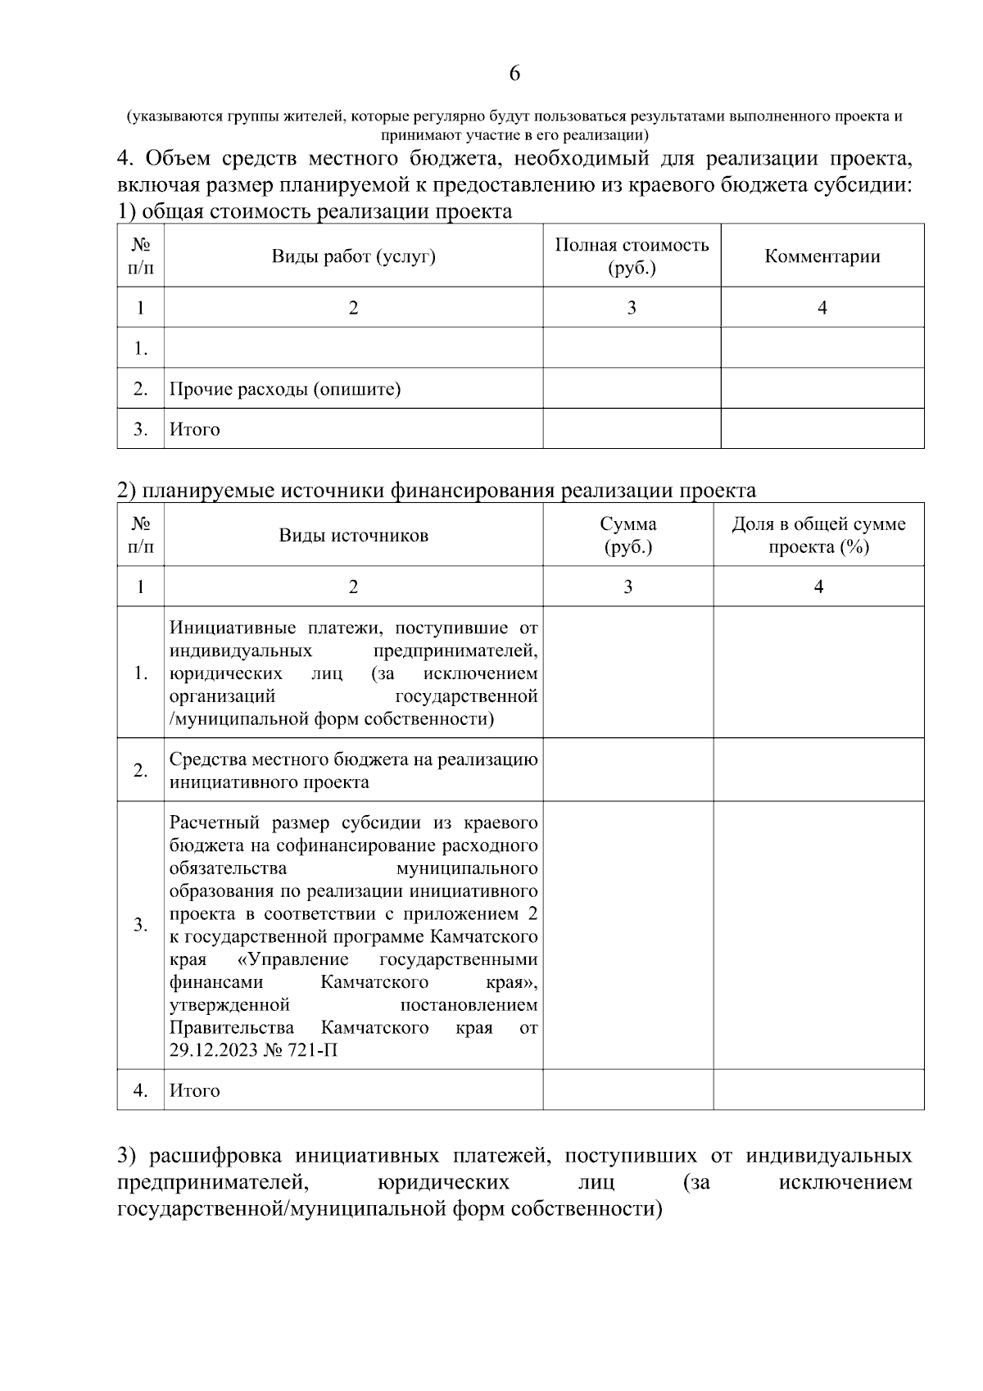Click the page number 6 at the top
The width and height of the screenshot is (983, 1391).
click(514, 74)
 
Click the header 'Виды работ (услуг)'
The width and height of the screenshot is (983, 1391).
click(353, 256)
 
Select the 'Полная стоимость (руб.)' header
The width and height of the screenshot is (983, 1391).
click(632, 256)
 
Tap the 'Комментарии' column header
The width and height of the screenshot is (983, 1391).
click(822, 256)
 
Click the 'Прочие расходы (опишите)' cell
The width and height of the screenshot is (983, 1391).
click(285, 388)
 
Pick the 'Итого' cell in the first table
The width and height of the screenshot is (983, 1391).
click(195, 429)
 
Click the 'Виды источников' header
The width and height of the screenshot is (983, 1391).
click(353, 536)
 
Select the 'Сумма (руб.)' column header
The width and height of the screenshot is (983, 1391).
click(627, 536)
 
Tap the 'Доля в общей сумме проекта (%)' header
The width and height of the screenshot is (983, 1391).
click(818, 536)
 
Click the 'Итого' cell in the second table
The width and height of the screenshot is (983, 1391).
click(195, 1090)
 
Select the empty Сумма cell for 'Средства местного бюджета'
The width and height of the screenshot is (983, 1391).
click(627, 770)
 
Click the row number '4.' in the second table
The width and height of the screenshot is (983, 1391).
click(141, 1090)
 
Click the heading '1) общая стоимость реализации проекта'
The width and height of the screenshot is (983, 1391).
click(315, 211)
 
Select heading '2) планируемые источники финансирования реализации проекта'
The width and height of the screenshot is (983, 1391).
click(437, 491)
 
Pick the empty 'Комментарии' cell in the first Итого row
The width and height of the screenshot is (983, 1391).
click(822, 429)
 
